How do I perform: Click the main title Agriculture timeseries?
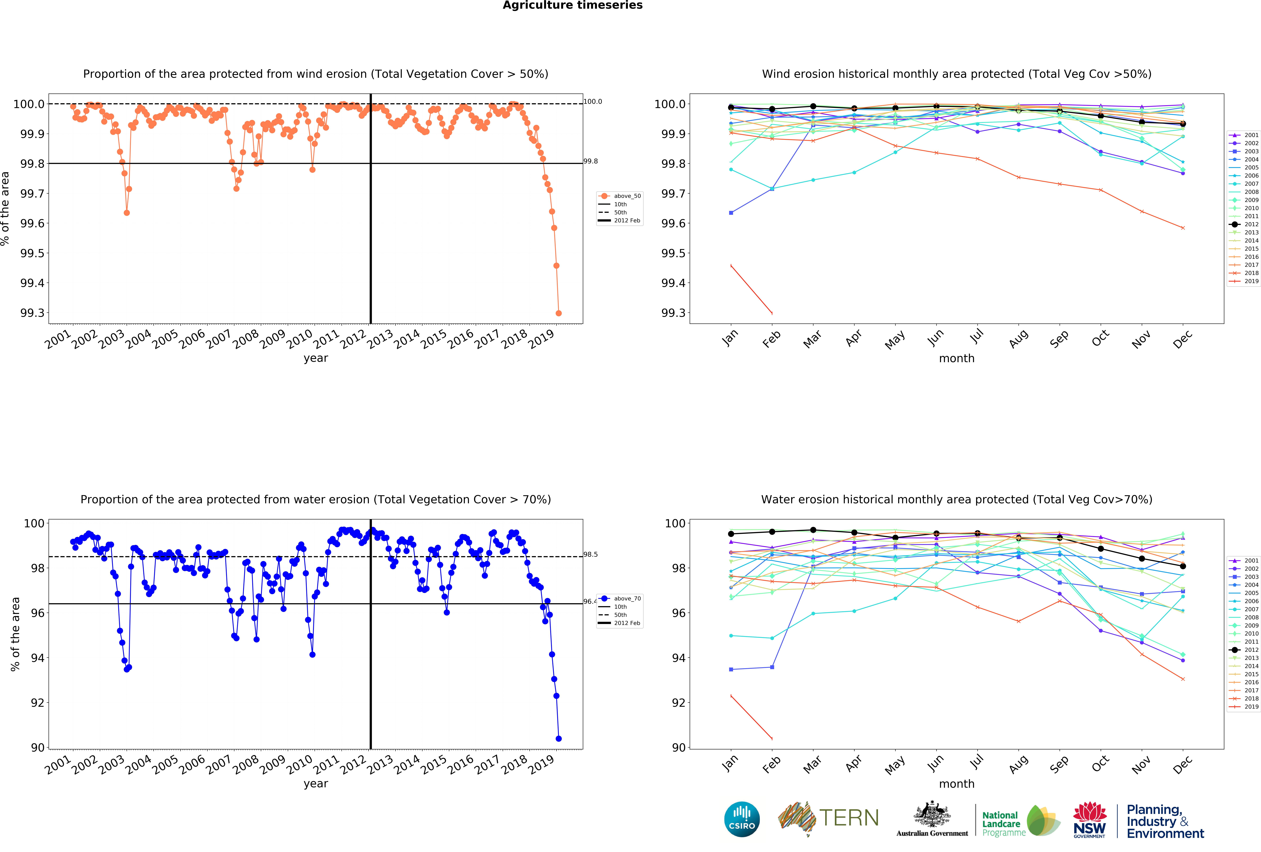[572, 5]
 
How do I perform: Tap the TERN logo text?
[849, 818]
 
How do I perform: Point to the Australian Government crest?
[932, 814]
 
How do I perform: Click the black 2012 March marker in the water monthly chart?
[813, 530]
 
